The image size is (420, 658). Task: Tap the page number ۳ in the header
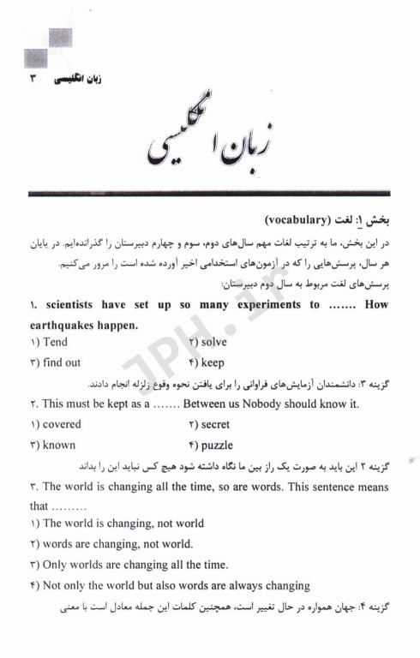pyautogui.click(x=34, y=79)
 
